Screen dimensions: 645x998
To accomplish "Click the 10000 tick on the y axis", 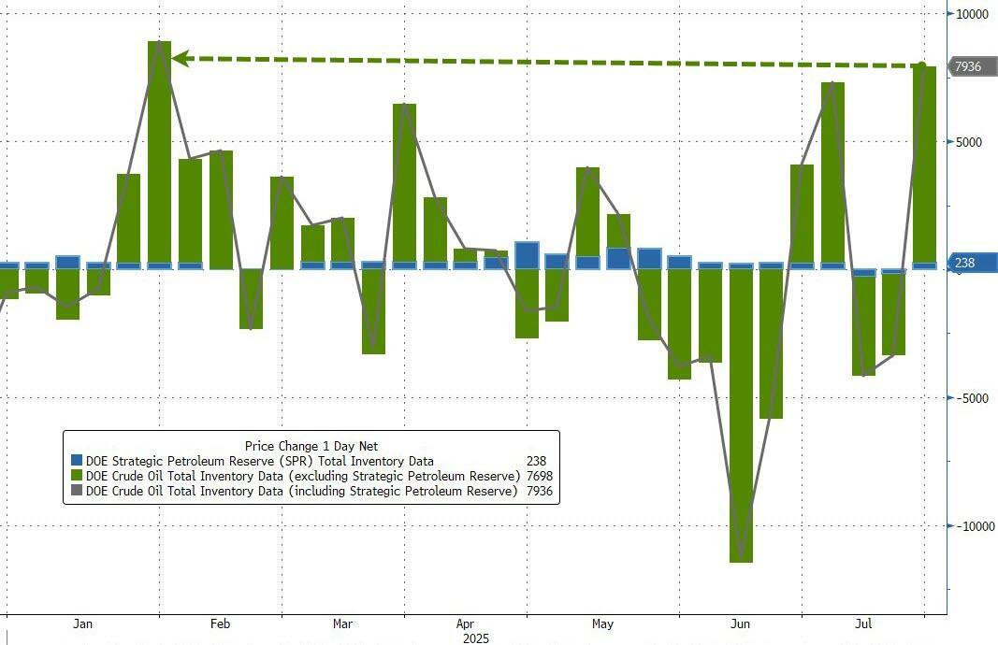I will [973, 14].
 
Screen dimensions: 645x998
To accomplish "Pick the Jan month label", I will [82, 623].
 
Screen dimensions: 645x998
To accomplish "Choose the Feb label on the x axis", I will [220, 623].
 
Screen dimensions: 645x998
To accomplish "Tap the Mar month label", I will [342, 623].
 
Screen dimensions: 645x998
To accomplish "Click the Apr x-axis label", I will [465, 623].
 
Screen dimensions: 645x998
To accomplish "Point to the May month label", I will [602, 623].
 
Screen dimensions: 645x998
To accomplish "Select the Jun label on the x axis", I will [740, 623].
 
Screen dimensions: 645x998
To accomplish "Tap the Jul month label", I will [863, 623].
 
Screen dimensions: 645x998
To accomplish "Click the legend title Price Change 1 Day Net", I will [311, 446].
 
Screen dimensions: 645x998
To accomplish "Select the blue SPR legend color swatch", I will [78, 461].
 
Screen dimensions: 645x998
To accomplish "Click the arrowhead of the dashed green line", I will [178, 59].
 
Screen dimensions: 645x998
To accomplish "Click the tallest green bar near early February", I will [160, 154].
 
